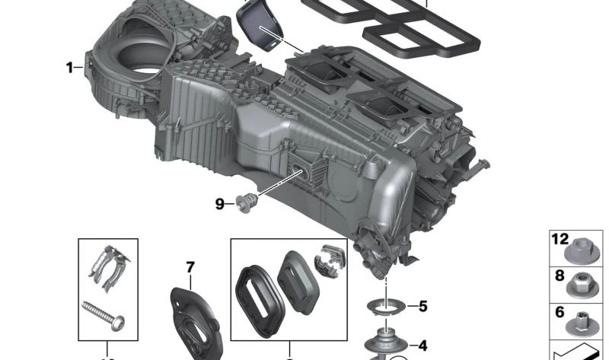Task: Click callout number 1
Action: point(69,68)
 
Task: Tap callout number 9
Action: point(219,203)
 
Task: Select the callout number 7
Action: point(190,267)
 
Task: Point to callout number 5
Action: point(422,307)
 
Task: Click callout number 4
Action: point(422,346)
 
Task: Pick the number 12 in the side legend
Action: point(560,239)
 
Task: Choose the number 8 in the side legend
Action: point(560,275)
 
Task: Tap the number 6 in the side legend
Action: point(560,311)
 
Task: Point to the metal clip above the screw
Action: point(107,268)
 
